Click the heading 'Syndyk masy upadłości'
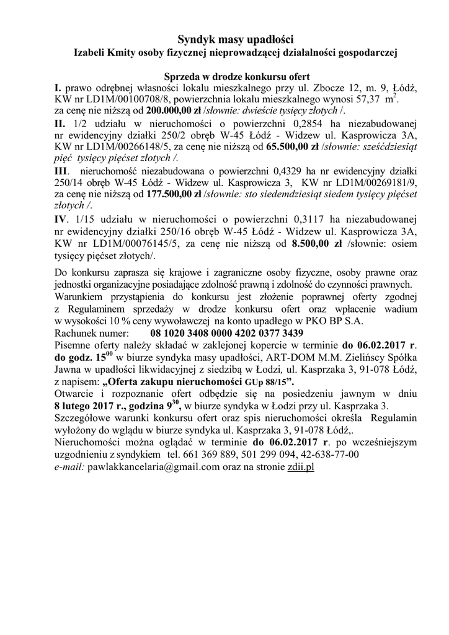pyautogui.click(x=224, y=39)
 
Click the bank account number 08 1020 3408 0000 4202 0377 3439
pyautogui.click(x=228, y=331)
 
